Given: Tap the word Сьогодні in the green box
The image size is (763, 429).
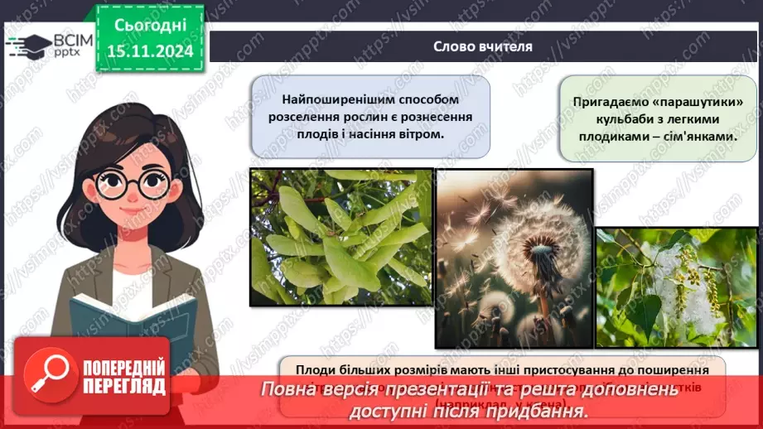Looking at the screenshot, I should pos(150,25).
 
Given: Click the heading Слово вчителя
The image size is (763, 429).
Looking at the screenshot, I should pos(483,46).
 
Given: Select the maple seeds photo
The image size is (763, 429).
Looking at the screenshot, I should pos(340,237).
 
